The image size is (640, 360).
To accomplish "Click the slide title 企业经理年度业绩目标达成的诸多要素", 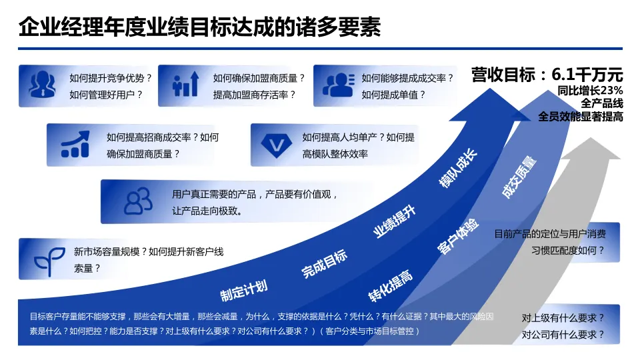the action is (199, 27).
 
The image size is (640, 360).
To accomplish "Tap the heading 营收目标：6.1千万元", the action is (547, 74).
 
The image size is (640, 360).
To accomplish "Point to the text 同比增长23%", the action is (590, 91).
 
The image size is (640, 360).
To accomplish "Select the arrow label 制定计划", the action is (244, 290).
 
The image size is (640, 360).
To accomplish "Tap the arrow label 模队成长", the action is (458, 168).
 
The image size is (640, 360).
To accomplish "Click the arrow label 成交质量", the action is (519, 177).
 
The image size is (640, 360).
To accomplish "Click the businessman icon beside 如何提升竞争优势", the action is (42, 85).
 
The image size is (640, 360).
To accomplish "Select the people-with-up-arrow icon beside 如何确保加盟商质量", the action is (186, 85).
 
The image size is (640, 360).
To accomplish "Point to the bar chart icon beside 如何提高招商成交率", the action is (75, 144).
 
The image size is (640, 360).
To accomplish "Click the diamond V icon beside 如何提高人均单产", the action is (274, 145).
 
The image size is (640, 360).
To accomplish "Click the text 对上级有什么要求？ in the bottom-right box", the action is (563, 318).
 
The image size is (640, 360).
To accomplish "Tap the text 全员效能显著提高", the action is (580, 117).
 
